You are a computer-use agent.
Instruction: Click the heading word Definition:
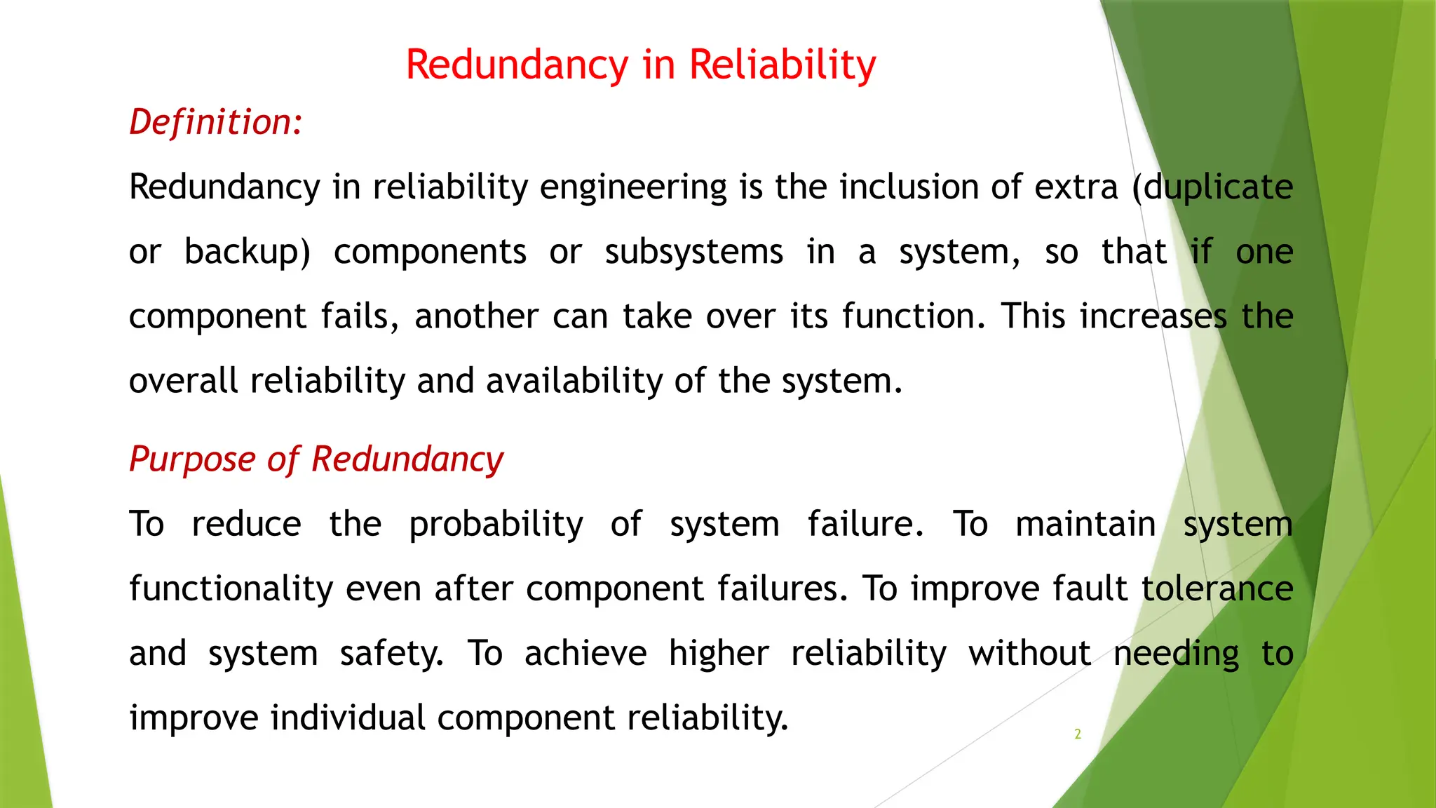tap(216, 122)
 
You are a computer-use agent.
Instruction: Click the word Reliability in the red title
tap(782, 65)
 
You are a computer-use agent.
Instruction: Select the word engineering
tap(633, 188)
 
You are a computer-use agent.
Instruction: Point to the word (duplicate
tap(1212, 188)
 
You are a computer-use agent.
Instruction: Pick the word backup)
tap(247, 252)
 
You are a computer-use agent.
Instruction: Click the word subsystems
tap(693, 252)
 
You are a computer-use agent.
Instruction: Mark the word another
tap(477, 316)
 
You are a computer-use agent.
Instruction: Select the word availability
tap(574, 381)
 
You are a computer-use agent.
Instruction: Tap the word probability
tap(496, 525)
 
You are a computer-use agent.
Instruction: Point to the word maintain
tap(1085, 524)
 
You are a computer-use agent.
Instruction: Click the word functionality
tap(231, 589)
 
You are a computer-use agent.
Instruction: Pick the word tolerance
tap(1217, 588)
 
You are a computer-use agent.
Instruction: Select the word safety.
tap(392, 654)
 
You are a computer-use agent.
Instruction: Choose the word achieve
tap(585, 653)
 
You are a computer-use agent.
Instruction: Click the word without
tap(1029, 653)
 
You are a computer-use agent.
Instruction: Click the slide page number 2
tap(1078, 734)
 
